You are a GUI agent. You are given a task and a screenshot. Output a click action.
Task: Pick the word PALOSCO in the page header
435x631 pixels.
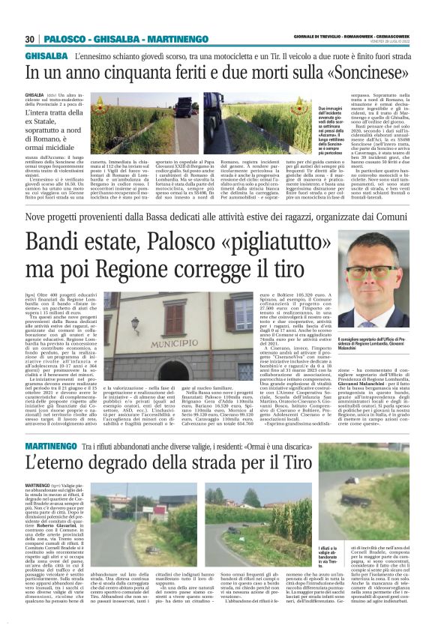pyautogui.click(x=66, y=39)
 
